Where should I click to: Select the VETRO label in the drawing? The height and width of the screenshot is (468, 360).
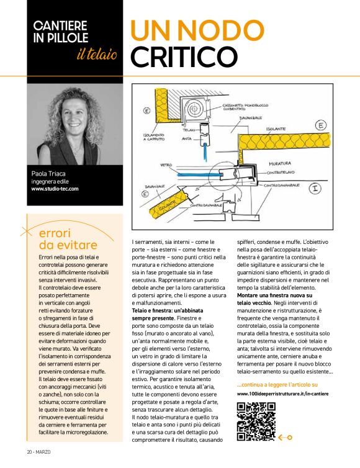click(x=166, y=165)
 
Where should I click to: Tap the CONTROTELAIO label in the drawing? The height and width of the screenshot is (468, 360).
click(x=284, y=171)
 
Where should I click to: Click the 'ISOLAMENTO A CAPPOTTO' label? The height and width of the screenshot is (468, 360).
click(x=152, y=137)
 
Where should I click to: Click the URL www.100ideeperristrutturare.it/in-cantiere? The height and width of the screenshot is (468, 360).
click(x=282, y=394)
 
